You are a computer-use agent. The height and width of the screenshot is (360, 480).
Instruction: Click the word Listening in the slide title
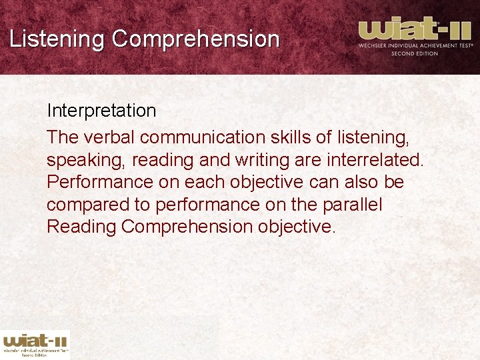57,39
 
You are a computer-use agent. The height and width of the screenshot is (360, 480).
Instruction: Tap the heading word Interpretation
101,111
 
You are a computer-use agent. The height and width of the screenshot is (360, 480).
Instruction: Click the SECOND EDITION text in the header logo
414,53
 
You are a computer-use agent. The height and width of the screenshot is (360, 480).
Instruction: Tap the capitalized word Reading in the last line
81,227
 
